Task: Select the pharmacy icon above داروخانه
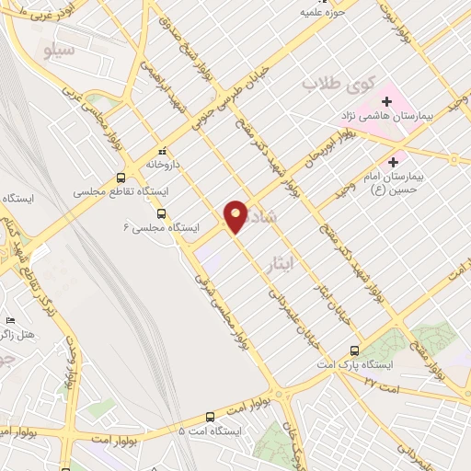tap(162, 151)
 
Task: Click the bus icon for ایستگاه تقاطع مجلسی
tap(121, 178)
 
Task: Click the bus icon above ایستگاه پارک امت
tap(355, 350)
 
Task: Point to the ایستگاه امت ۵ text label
tap(210, 431)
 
